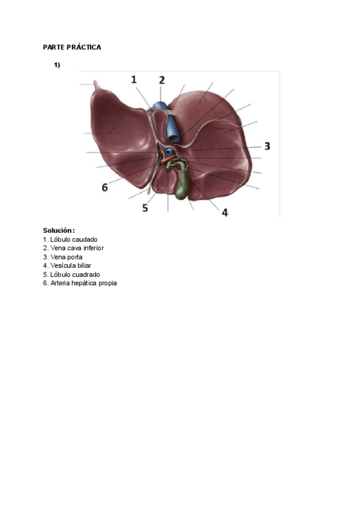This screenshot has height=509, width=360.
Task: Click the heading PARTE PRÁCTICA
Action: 72,47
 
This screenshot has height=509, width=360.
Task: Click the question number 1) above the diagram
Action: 57,65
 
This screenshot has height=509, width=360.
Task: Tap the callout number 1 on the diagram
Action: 134,79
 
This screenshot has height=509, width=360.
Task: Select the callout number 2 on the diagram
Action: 161,79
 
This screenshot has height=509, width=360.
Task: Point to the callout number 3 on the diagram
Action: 267,146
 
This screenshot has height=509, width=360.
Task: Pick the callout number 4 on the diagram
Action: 225,212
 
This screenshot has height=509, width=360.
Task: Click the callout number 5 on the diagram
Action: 145,208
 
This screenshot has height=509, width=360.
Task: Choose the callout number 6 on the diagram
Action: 104,187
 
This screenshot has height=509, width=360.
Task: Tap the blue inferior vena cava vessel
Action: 171,124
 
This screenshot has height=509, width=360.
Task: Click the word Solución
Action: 58,230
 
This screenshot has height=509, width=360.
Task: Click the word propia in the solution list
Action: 107,283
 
